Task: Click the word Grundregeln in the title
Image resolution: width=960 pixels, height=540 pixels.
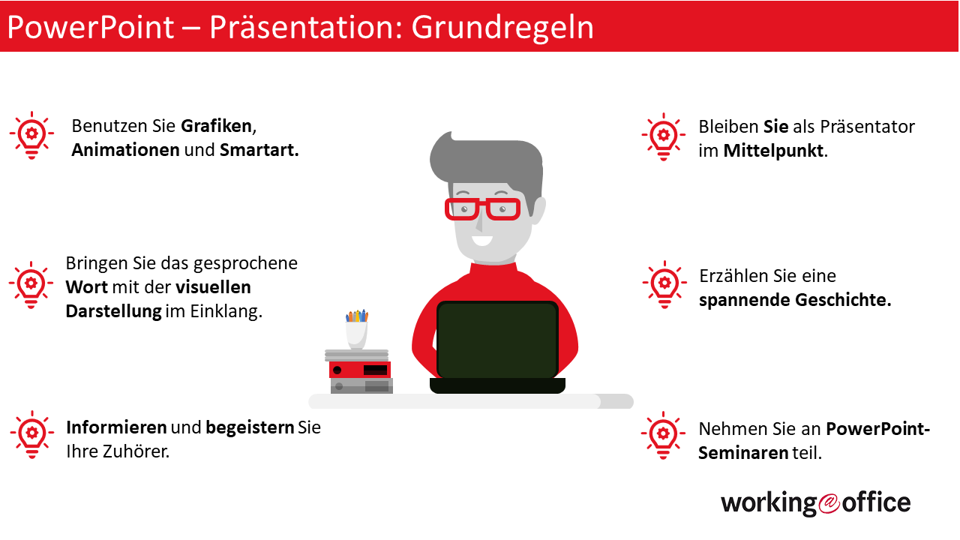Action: tap(502, 28)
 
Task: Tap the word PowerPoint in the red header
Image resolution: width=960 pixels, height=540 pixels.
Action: tap(91, 28)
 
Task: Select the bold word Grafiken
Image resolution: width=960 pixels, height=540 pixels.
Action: tap(217, 126)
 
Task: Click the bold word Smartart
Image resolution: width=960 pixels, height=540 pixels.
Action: tap(259, 150)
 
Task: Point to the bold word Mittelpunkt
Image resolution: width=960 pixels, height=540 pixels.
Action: tap(773, 151)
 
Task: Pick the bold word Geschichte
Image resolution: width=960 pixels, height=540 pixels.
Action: tap(843, 300)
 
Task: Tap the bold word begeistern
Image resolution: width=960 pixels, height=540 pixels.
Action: tap(250, 427)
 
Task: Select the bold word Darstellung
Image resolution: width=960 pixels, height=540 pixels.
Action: tap(113, 311)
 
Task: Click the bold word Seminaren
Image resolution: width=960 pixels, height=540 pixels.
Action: tap(743, 452)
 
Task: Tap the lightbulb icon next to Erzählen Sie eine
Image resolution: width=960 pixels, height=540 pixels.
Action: tap(664, 284)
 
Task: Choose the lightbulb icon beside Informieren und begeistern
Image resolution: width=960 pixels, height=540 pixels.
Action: tap(32, 434)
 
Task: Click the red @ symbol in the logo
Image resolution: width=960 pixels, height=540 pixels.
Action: tap(829, 503)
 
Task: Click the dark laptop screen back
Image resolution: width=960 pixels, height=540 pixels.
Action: tap(497, 340)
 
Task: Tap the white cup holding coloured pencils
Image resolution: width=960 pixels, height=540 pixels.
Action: tap(356, 335)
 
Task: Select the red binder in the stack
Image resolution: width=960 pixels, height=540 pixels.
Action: tap(360, 370)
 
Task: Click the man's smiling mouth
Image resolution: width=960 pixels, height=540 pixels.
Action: tap(481, 241)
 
